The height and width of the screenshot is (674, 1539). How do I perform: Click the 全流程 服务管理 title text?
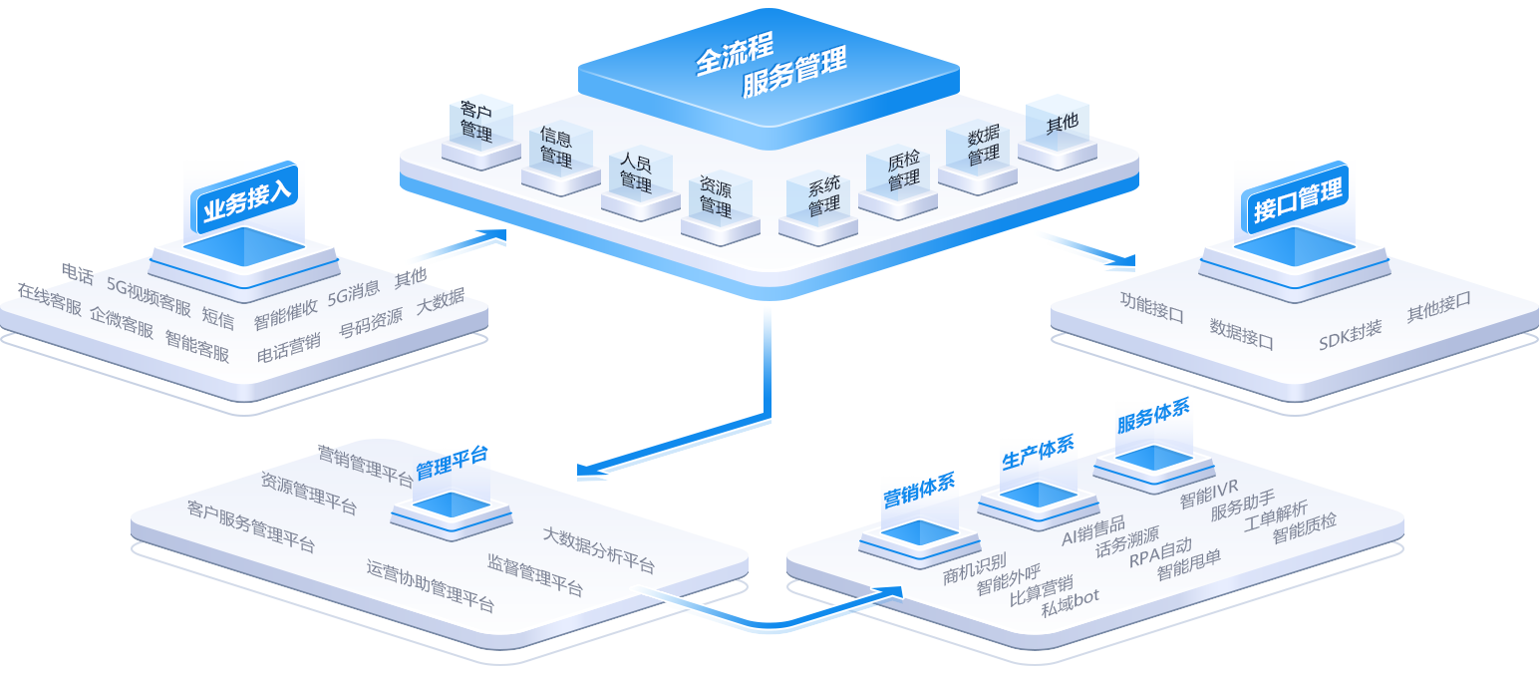[x=769, y=72]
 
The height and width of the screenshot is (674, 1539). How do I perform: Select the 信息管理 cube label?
[x=555, y=147]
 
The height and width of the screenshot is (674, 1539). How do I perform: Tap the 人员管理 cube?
[x=635, y=172]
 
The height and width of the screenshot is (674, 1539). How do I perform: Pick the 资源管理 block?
[x=715, y=196]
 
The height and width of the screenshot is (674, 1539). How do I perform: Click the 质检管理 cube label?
[x=903, y=170]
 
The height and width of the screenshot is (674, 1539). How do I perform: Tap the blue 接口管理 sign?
[x=1298, y=197]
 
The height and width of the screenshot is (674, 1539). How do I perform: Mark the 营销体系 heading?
[x=919, y=491]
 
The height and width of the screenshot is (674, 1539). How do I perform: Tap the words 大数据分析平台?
[x=598, y=549]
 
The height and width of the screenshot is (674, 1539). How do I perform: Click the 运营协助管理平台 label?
[x=430, y=585]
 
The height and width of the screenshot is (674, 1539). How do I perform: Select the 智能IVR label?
[x=1208, y=493]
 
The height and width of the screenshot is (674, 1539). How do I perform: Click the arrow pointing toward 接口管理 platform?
[x=1091, y=253]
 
